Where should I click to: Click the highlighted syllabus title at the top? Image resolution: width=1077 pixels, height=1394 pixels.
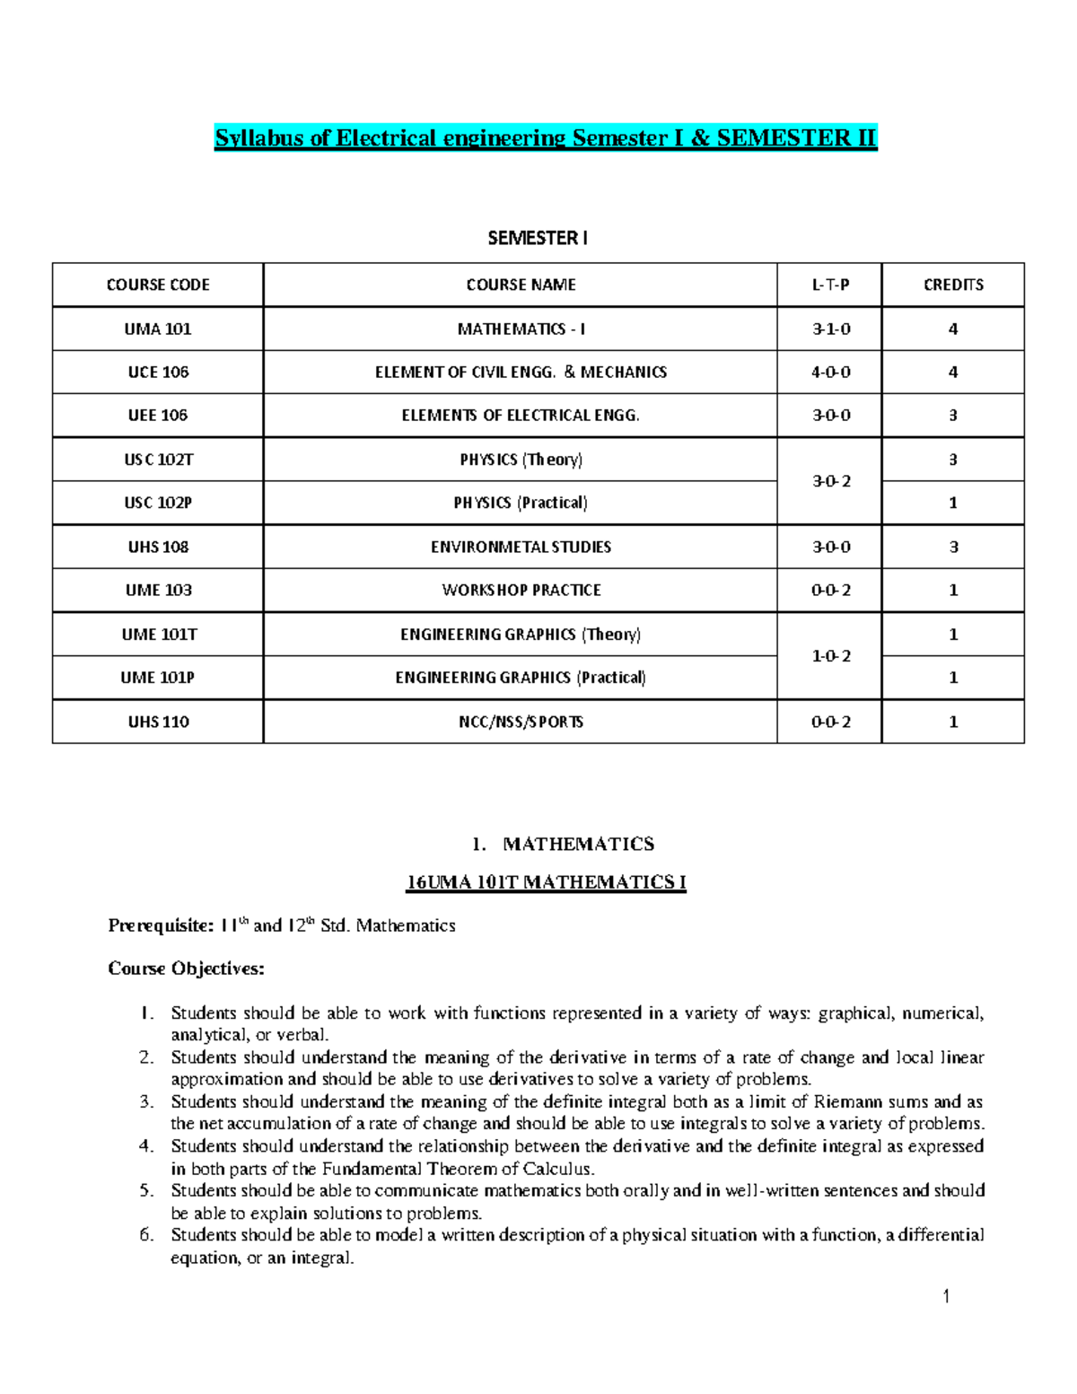click(x=545, y=138)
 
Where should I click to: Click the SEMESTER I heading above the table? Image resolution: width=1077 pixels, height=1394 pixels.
click(x=538, y=238)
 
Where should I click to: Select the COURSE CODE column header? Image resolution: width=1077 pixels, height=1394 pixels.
click(x=158, y=285)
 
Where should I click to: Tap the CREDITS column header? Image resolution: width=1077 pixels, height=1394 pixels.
click(x=953, y=285)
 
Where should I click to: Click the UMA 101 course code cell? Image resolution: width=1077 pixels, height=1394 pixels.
click(x=158, y=329)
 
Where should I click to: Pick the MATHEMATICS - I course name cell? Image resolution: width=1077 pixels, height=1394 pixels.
click(x=521, y=329)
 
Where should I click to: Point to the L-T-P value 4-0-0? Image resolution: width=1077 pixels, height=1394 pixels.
click(x=830, y=372)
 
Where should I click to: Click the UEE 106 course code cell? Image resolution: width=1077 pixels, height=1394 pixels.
click(x=158, y=415)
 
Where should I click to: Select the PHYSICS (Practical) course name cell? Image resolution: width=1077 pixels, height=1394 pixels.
click(x=521, y=503)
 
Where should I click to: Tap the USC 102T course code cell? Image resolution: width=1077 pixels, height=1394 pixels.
click(x=158, y=460)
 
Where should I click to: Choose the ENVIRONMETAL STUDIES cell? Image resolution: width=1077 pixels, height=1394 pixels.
click(x=521, y=547)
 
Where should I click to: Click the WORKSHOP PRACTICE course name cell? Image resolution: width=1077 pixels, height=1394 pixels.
click(x=521, y=590)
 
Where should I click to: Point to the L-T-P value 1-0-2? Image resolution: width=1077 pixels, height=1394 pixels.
click(x=830, y=656)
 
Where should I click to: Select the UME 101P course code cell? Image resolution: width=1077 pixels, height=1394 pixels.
click(x=158, y=678)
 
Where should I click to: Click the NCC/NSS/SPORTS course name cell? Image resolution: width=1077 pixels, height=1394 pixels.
click(x=521, y=722)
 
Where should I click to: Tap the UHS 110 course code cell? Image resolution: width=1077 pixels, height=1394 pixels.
click(x=158, y=722)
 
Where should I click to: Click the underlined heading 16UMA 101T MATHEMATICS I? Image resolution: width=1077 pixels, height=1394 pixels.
click(x=546, y=882)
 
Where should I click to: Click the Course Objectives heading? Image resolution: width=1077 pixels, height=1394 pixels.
click(x=187, y=969)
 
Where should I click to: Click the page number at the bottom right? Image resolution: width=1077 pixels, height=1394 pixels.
click(x=946, y=1296)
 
